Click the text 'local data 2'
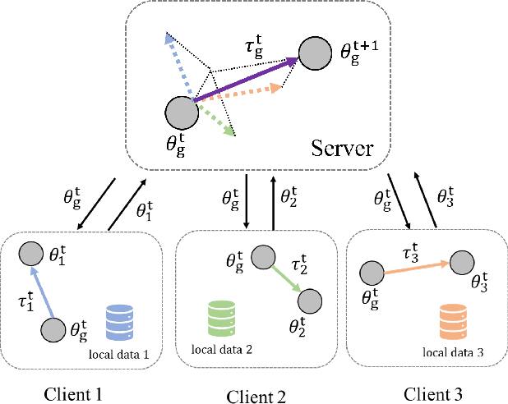221,348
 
